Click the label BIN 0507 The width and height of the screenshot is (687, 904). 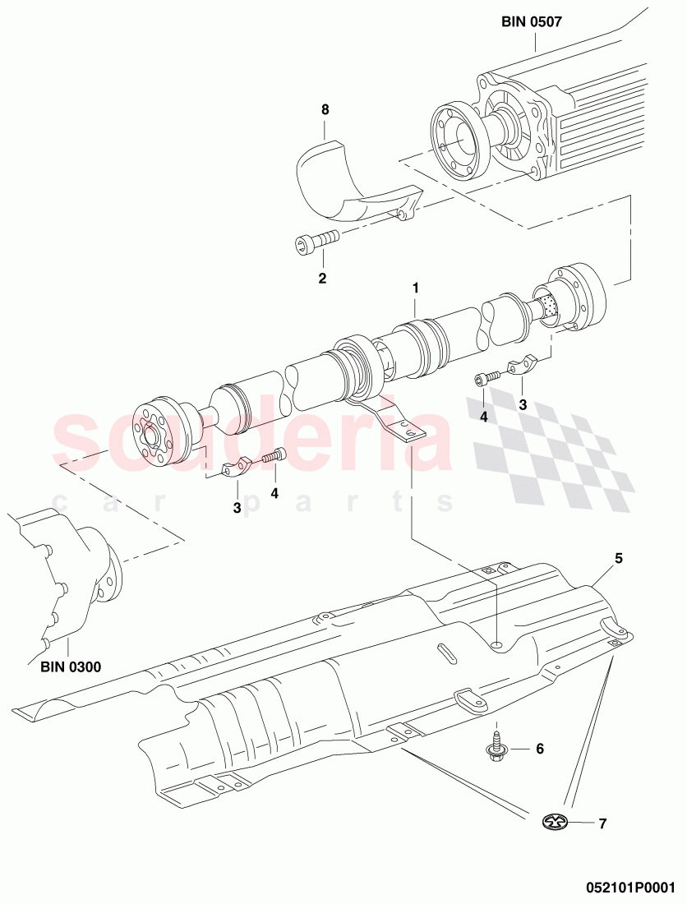pyautogui.click(x=531, y=22)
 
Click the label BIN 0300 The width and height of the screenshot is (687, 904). pyautogui.click(x=71, y=666)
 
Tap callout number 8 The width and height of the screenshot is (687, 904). pyautogui.click(x=325, y=108)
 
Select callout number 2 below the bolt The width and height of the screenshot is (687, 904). pyautogui.click(x=322, y=279)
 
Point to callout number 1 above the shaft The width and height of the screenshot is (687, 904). pyautogui.click(x=416, y=288)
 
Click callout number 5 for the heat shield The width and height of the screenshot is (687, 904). pyautogui.click(x=619, y=558)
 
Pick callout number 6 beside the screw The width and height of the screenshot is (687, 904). pyautogui.click(x=540, y=749)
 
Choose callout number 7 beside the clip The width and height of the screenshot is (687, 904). pyautogui.click(x=602, y=823)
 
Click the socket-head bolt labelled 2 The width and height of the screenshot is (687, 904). pyautogui.click(x=316, y=242)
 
